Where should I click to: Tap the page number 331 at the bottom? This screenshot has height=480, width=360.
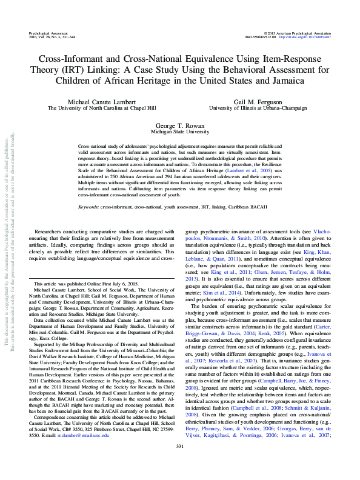(x=179, y=464)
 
